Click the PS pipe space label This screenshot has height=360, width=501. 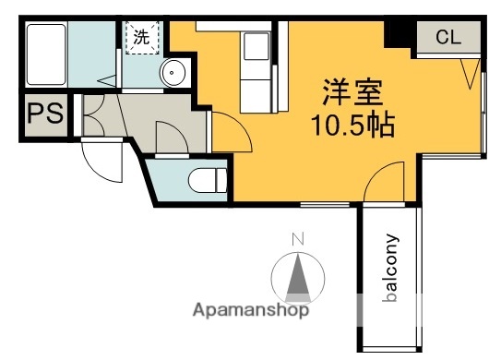(43, 115)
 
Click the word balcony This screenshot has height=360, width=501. (391, 269)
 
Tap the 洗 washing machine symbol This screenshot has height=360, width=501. (141, 39)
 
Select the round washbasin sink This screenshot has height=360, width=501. (173, 74)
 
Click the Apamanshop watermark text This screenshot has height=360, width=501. (249, 310)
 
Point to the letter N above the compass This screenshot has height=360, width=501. (297, 240)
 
